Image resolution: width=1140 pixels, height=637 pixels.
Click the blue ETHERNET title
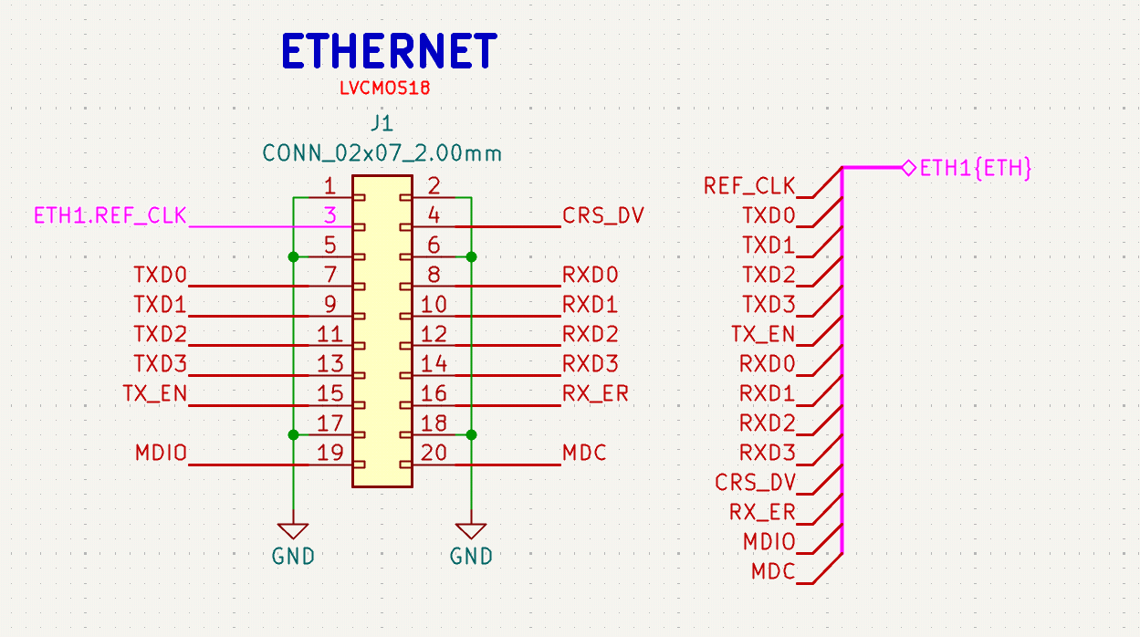[x=390, y=50]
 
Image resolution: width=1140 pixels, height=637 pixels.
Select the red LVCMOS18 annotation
[x=385, y=88]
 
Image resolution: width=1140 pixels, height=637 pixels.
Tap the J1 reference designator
[x=382, y=123]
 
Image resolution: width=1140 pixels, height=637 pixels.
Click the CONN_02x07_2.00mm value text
[x=382, y=153]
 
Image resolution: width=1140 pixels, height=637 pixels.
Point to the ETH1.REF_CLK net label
[x=110, y=215]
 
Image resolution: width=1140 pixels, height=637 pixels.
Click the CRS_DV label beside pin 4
[x=603, y=215]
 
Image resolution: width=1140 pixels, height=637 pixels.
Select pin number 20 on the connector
[x=434, y=453]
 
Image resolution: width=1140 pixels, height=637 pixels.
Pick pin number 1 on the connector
[x=329, y=186]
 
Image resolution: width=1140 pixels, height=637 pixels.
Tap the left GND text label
[x=293, y=556]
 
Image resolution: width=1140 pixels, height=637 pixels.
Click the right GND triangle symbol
[x=471, y=530]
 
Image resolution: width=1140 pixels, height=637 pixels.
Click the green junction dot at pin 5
[x=293, y=257]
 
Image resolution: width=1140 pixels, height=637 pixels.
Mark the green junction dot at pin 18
[x=471, y=435]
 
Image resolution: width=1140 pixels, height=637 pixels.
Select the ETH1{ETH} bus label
[x=976, y=168]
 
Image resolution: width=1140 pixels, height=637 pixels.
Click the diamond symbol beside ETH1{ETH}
[x=909, y=168]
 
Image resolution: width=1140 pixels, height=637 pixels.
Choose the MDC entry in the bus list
[x=773, y=571]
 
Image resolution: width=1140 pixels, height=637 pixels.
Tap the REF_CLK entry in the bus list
[x=749, y=186]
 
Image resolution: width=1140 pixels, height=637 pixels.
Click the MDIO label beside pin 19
[x=161, y=453]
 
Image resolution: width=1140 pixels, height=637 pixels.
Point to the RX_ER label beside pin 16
[x=595, y=393]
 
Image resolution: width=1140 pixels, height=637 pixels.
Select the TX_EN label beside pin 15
[x=155, y=393]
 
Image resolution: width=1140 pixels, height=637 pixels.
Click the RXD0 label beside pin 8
[x=591, y=276]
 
